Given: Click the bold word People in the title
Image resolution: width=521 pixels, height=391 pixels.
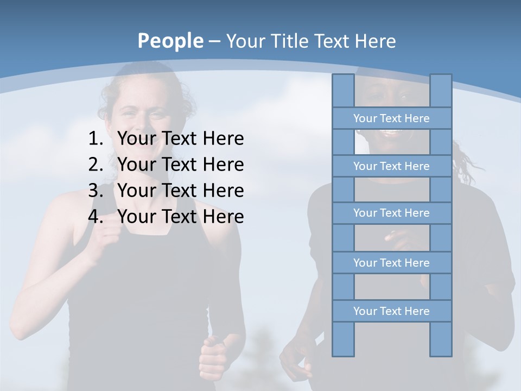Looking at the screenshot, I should coord(170,41).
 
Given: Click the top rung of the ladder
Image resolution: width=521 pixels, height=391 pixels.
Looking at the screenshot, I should coord(391,118).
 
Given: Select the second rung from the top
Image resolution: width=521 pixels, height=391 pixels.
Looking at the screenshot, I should coord(391,166).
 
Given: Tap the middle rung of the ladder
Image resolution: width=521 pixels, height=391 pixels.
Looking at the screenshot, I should coord(391,213).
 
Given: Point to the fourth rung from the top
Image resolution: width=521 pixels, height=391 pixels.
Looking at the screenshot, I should coord(391,263).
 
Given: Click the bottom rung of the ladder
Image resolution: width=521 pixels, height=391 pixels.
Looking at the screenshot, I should coord(391,311).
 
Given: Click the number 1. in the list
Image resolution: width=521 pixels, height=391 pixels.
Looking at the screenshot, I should coord(96,139).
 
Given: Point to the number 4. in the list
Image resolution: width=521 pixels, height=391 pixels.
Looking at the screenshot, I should coord(96,217).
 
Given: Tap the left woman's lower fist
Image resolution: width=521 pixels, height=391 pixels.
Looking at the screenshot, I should coord(213,358).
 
